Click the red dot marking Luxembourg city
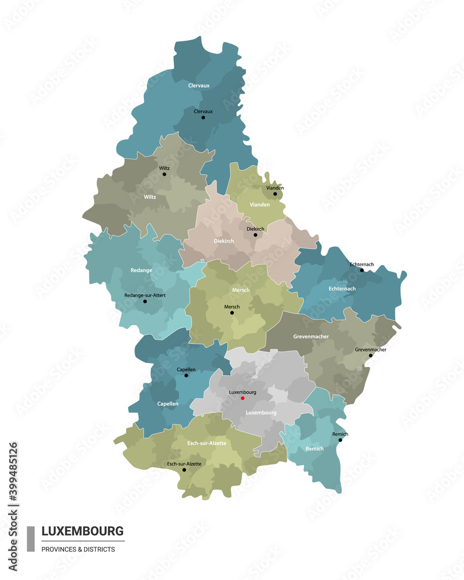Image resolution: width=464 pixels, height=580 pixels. coord(242,398)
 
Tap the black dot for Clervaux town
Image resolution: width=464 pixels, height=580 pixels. coord(203,117)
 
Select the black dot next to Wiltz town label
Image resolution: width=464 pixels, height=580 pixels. coord(164,174)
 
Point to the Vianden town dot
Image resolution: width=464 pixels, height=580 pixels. coord(275,194)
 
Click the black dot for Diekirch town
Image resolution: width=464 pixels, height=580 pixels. coord(255,235)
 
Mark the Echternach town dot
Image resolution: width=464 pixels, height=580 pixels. coord(362,270)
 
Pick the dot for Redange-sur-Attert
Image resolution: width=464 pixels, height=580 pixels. coord(145,301)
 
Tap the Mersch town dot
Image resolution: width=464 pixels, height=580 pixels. coord(232,313)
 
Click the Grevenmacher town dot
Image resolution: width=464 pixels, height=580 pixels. coord(371,356)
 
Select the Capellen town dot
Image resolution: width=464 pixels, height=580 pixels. coord(186,375)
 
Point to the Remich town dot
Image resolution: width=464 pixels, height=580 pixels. coord(340,440)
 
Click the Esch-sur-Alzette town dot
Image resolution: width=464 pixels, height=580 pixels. coord(184,470)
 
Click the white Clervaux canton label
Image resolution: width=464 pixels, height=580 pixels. coord(199,85)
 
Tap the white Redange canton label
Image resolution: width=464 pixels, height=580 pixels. coord(142,271)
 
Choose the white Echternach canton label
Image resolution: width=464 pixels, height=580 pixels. coord(342,288)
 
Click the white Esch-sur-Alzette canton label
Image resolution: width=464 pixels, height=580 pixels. coord(206,443)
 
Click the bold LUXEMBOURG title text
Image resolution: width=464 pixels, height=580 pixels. coord(82,531)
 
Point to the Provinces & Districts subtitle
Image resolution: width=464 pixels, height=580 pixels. coord(78,549)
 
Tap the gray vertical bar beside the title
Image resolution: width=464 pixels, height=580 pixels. coord(31,539)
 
